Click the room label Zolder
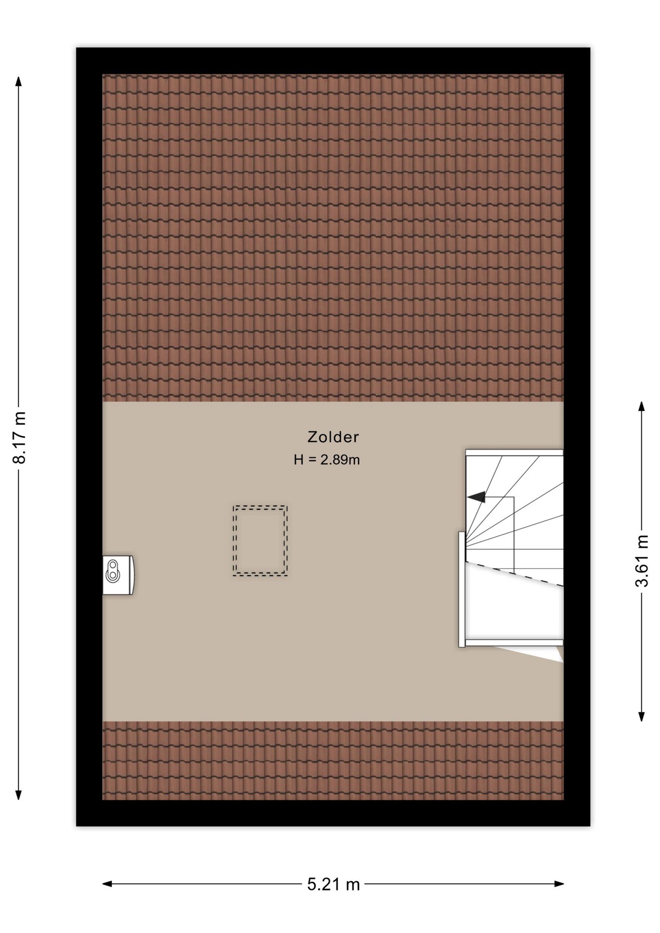pos(333,437)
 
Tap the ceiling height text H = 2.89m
pos(327,460)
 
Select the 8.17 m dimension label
pos(19,437)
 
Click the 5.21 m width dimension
pos(333,884)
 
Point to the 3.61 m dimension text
pos(642,561)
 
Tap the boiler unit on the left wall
pos(118,575)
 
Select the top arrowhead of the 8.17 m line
pos(19,81)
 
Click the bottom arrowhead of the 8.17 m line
pos(19,794)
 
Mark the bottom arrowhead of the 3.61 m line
pos(642,716)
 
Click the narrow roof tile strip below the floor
pos(333,760)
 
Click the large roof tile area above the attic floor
pos(333,238)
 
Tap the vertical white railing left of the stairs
pos(462,589)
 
